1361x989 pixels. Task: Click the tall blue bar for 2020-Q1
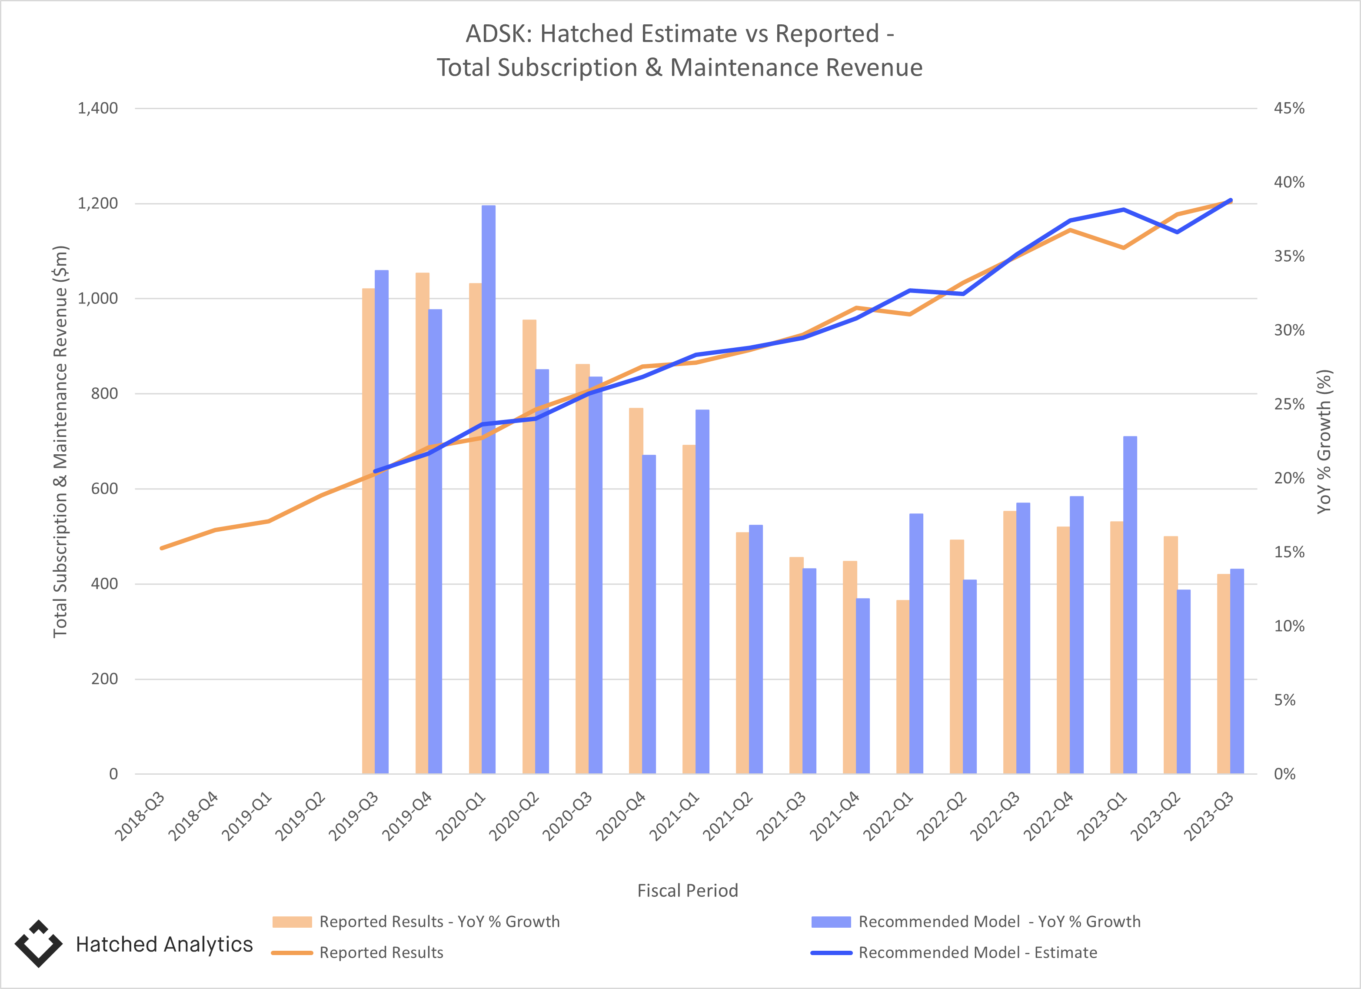tap(489, 489)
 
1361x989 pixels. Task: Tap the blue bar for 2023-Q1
tap(1130, 605)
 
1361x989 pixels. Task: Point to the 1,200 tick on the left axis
tap(98, 203)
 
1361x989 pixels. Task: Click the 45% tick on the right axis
tap(1289, 109)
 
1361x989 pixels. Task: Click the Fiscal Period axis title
tap(687, 891)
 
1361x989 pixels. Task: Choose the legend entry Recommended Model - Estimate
tap(978, 952)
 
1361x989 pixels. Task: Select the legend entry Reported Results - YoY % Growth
tap(439, 922)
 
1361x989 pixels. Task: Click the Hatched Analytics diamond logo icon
tap(38, 943)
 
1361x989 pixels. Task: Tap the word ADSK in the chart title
tap(498, 34)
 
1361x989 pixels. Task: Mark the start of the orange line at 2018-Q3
tap(161, 548)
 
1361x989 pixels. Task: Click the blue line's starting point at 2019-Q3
tap(375, 471)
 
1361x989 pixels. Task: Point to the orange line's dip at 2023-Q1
tap(1123, 247)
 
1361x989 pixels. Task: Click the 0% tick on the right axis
tap(1285, 774)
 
